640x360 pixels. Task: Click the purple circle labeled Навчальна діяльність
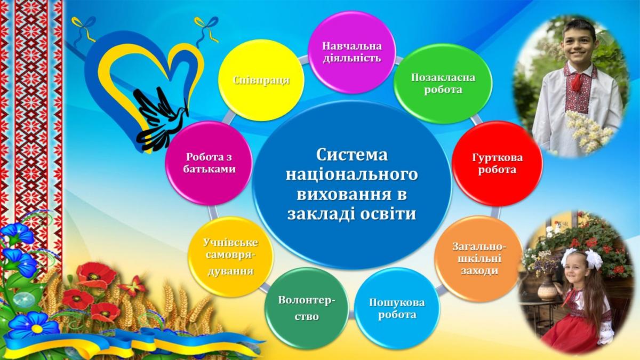click(351, 52)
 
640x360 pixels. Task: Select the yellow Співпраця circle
click(261, 81)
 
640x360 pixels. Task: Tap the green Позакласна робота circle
click(443, 83)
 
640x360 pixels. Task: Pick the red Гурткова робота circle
click(497, 163)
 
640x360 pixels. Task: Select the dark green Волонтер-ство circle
click(307, 309)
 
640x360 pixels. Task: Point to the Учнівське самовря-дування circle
click(230, 257)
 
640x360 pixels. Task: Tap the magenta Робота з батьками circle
click(209, 163)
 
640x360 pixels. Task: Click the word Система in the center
click(351, 155)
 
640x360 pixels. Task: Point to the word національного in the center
click(351, 175)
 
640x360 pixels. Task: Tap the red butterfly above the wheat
click(133, 286)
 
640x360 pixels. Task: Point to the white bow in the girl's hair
click(594, 259)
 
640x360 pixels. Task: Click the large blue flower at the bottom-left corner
click(34, 326)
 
